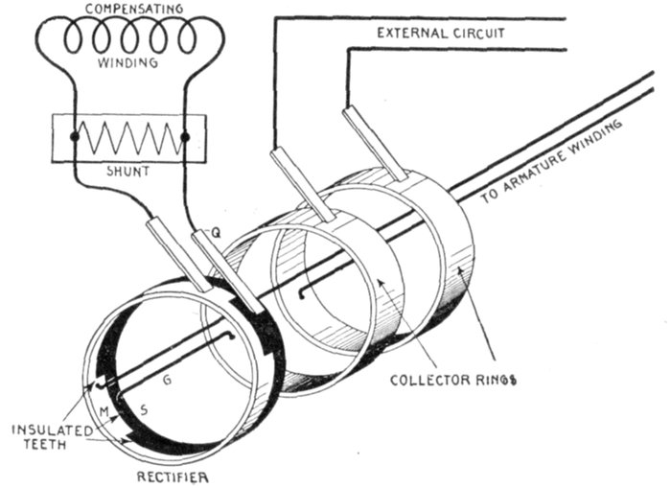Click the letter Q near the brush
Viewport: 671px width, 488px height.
coord(216,231)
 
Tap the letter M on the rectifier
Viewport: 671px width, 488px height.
coord(109,412)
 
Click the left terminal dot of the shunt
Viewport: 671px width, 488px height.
coord(73,137)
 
